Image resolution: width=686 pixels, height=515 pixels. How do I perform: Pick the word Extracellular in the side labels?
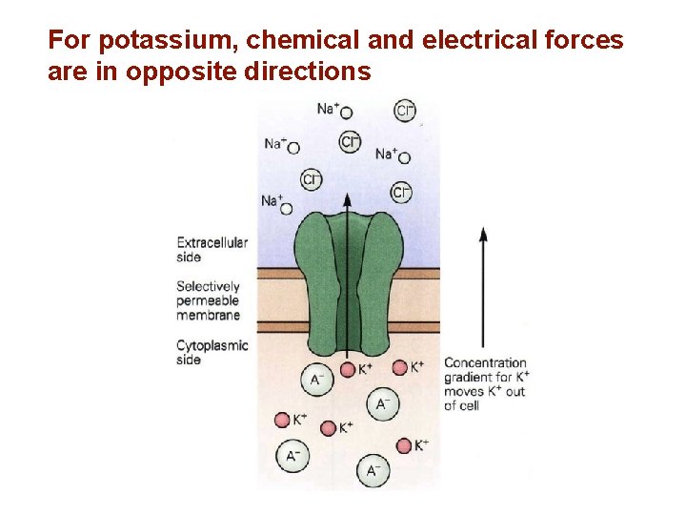212,243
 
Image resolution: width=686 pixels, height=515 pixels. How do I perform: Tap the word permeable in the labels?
208,301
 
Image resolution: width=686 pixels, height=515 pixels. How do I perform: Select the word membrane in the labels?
208,315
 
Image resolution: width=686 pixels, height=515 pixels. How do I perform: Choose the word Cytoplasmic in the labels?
212,346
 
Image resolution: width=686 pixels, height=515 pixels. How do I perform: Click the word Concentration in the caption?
485,362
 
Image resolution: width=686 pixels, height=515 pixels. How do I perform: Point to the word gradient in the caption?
467,377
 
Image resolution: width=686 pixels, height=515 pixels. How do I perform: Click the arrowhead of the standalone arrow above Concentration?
483,234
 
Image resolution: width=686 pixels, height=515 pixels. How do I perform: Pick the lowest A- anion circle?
373,469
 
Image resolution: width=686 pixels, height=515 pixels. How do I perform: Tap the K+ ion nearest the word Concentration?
400,368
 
